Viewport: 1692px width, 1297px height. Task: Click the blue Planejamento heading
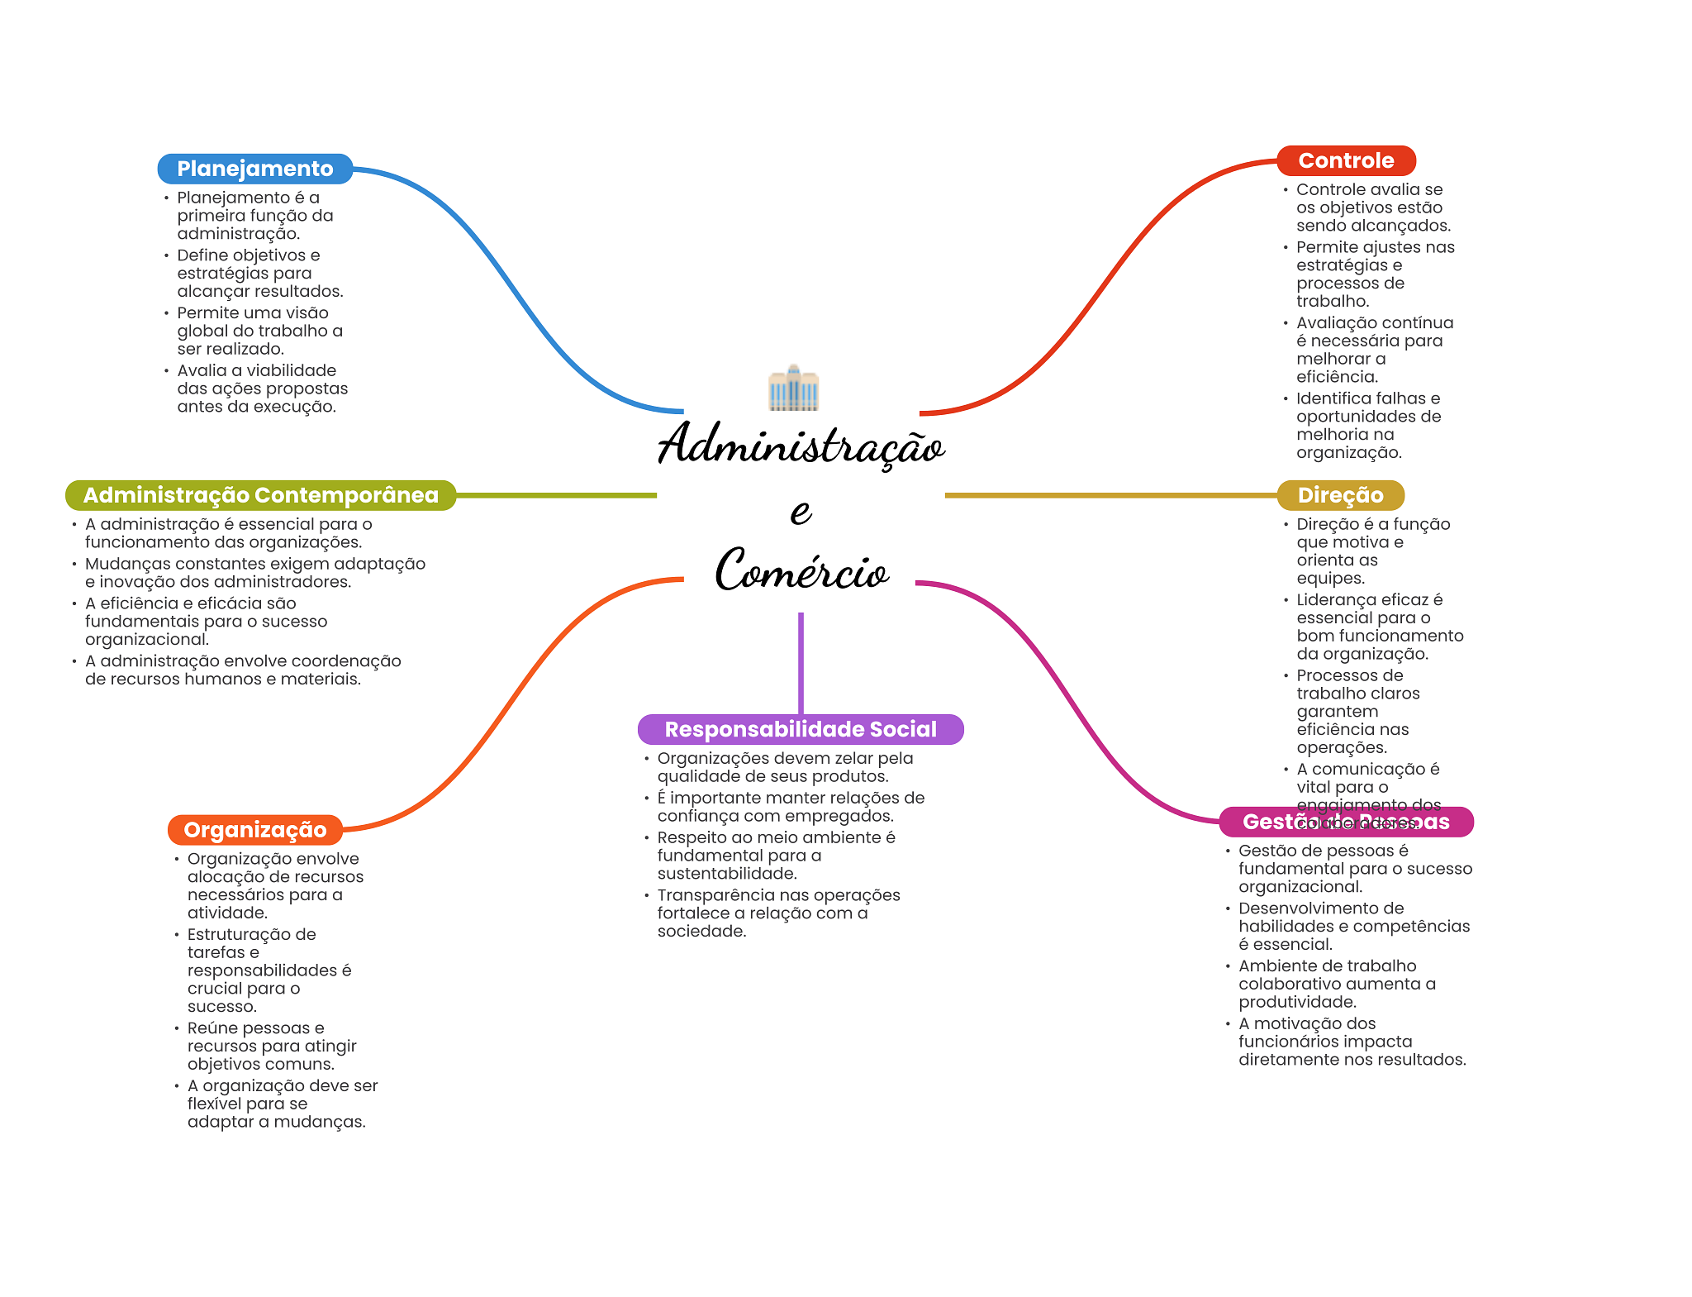tap(254, 169)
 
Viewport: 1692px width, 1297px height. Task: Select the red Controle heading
tap(1346, 160)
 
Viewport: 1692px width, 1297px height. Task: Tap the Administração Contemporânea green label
tap(260, 495)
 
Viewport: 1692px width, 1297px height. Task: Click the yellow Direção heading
tap(1340, 495)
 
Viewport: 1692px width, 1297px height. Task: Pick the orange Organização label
tap(254, 830)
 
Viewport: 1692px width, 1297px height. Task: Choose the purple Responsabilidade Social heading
tap(801, 729)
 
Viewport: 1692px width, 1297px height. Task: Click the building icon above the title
tap(793, 388)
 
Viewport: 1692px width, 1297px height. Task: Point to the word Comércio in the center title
tap(801, 570)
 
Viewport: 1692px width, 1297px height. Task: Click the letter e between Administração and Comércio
tap(801, 511)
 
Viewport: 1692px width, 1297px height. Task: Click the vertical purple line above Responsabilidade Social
tap(801, 661)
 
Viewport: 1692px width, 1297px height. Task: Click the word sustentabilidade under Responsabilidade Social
tap(726, 874)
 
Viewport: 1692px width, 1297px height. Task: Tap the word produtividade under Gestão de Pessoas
tap(1296, 1002)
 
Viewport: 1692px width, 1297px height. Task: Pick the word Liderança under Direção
tap(1333, 600)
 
